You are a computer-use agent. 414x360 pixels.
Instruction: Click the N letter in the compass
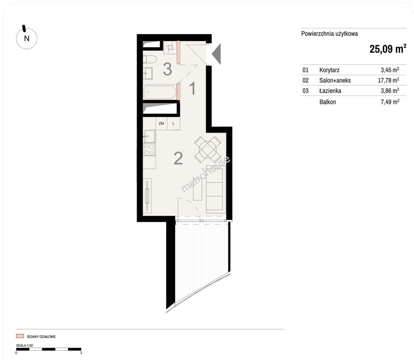click(x=27, y=38)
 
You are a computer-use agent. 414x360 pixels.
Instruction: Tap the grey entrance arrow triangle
click(x=216, y=54)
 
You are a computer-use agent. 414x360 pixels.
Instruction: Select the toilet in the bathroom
click(x=150, y=59)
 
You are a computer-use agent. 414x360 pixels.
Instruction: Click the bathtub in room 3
click(x=160, y=93)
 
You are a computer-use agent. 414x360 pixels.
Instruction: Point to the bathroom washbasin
click(x=148, y=73)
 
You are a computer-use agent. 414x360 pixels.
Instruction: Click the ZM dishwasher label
click(x=161, y=123)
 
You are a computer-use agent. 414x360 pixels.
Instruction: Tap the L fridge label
click(x=173, y=123)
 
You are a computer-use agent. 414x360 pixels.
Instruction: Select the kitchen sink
click(x=149, y=136)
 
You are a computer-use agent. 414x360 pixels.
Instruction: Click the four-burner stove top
click(x=149, y=149)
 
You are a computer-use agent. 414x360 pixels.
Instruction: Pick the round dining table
click(x=208, y=150)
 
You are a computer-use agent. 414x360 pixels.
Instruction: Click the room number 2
click(x=178, y=158)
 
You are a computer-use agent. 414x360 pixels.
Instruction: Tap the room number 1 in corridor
click(x=193, y=88)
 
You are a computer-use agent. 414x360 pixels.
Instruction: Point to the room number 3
click(x=168, y=69)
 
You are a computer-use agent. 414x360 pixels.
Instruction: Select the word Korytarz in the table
click(x=329, y=70)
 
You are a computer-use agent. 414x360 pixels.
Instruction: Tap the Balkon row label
click(x=328, y=102)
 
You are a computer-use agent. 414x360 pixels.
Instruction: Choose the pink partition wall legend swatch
click(x=20, y=336)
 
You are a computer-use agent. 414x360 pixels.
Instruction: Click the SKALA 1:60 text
click(x=24, y=345)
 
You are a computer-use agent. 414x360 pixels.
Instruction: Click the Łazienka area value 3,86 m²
click(x=390, y=90)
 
